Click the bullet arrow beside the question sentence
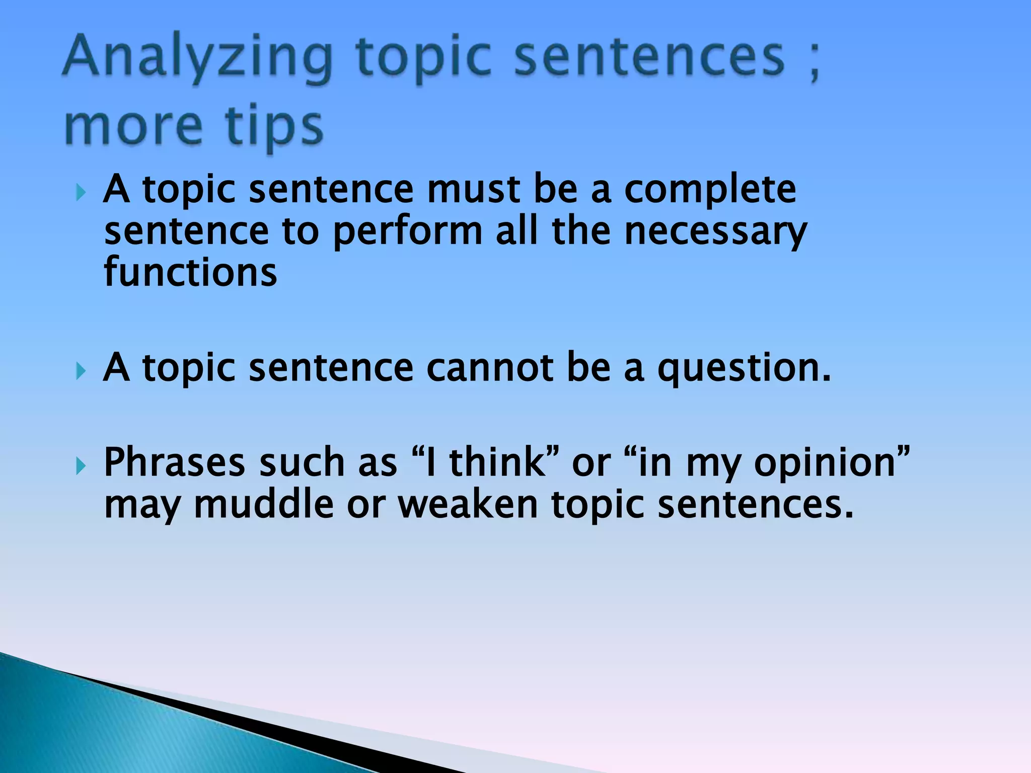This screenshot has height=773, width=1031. pos(80,371)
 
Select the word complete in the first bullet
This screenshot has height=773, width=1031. pos(710,190)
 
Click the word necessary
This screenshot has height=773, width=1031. pos(715,233)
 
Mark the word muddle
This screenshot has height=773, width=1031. pos(264,504)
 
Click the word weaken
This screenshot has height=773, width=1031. pos(468,504)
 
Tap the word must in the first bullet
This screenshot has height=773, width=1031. pos(473,190)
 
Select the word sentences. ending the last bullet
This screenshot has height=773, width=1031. pos(756,504)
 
